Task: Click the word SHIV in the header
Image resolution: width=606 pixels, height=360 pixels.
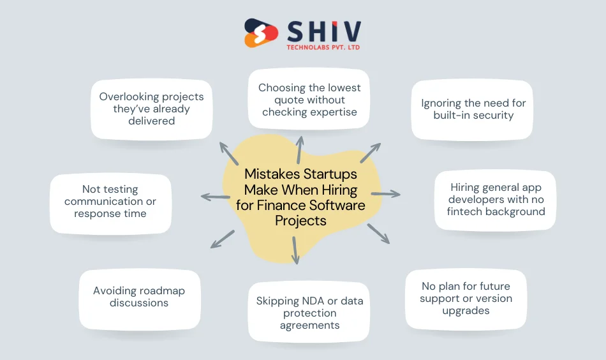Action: click(323, 30)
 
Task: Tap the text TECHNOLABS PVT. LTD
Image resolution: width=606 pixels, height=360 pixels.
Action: click(323, 48)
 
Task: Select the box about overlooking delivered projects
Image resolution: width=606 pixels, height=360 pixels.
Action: click(151, 109)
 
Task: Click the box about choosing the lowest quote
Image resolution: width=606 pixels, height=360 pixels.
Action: click(309, 100)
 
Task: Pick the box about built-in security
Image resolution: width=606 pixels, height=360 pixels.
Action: click(473, 109)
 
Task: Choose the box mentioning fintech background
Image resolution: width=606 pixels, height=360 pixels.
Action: click(496, 199)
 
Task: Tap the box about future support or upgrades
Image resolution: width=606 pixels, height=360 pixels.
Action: click(466, 299)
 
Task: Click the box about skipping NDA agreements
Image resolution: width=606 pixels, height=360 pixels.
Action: click(309, 313)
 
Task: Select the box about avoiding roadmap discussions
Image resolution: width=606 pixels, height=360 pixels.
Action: click(139, 297)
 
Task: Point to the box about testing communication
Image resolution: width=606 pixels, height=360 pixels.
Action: click(110, 202)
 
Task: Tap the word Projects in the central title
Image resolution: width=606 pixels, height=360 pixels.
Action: click(300, 221)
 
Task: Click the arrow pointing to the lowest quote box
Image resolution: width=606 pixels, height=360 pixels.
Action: click(299, 148)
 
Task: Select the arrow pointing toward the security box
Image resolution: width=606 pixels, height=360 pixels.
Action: click(371, 153)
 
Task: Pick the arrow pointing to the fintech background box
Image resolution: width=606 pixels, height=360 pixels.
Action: click(386, 193)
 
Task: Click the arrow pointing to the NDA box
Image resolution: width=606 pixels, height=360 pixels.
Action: click(295, 250)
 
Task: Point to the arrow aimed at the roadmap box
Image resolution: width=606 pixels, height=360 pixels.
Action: click(222, 239)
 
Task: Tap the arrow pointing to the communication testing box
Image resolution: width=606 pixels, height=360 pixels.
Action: click(215, 197)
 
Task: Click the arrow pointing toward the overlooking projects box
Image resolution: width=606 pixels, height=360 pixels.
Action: click(227, 154)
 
